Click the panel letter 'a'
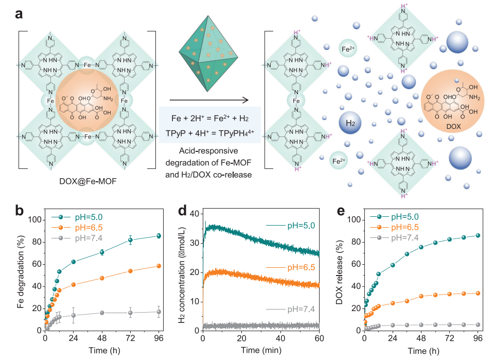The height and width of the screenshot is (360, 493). point(19,14)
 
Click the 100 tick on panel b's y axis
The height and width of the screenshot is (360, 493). point(33,220)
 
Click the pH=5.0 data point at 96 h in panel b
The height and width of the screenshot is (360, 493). point(159,236)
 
